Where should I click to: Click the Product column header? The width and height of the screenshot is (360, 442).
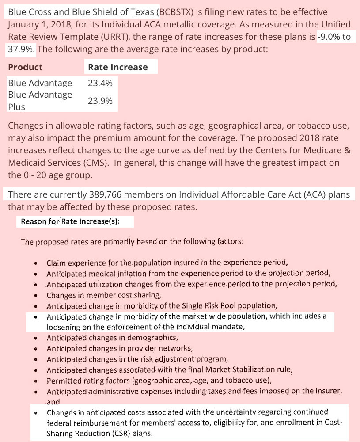(25, 67)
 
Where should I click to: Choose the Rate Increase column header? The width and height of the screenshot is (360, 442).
(118, 67)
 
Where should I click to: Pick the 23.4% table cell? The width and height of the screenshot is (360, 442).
(100, 83)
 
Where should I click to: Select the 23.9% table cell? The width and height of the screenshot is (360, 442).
(100, 101)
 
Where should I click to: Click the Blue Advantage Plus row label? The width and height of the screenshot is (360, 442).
(40, 101)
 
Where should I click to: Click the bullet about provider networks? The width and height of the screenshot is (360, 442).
(119, 348)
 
